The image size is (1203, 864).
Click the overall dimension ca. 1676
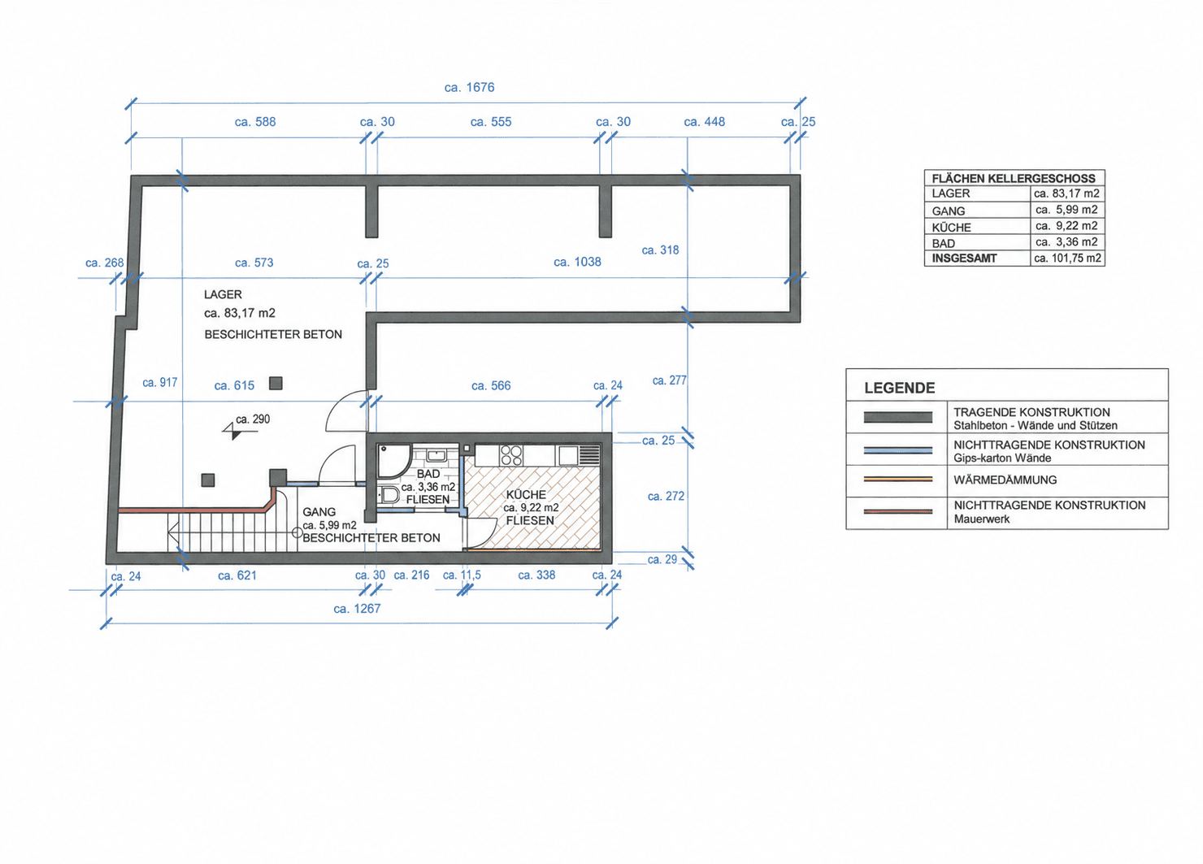pos(469,87)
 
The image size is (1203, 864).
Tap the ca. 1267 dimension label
pos(357,609)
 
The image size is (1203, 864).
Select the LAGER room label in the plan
pos(223,294)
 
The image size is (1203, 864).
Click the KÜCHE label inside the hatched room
pos(526,494)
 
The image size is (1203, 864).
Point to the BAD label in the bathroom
pos(428,474)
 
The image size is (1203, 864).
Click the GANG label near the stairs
pos(319,512)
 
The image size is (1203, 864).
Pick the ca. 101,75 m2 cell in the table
pos(1067,258)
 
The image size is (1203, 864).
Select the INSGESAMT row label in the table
pos(964,258)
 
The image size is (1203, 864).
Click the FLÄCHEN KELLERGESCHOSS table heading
pos(1014,178)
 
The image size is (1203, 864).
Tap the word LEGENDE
pos(900,388)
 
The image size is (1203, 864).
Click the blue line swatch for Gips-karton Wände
pos(897,450)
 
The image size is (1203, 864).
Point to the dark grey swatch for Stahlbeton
pos(897,417)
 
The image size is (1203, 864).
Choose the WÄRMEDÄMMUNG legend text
pos(1005,480)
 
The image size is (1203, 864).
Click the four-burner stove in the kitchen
pos(510,455)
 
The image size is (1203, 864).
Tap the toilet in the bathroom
pos(389,494)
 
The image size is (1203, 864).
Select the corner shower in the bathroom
pos(394,461)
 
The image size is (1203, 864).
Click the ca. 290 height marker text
pos(253,419)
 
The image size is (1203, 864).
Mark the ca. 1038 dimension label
pos(577,262)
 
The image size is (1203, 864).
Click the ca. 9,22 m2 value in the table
pos(1066,225)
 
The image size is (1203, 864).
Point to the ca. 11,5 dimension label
pos(462,575)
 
